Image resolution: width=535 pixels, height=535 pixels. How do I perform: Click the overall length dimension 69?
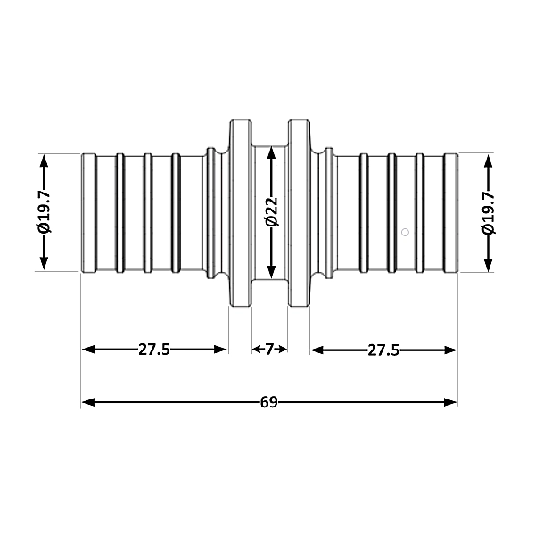click(x=269, y=402)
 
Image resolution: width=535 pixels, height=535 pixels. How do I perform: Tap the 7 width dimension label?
click(x=269, y=349)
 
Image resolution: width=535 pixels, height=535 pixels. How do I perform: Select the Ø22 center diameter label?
click(x=272, y=211)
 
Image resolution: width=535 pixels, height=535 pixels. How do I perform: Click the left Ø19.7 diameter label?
click(x=45, y=212)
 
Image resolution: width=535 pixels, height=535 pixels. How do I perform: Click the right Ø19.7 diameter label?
click(x=488, y=213)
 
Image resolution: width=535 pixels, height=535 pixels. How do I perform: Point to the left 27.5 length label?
click(x=154, y=350)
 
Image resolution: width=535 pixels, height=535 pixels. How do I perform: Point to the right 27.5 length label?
click(x=383, y=350)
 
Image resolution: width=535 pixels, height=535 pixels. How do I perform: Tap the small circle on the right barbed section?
click(x=405, y=233)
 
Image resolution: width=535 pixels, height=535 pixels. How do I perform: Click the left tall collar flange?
click(x=241, y=213)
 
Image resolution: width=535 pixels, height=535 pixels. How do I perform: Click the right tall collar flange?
click(x=300, y=213)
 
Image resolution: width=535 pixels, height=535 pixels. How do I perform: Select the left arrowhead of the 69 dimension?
click(x=88, y=403)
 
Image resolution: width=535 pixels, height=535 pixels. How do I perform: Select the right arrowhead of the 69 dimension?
click(x=450, y=402)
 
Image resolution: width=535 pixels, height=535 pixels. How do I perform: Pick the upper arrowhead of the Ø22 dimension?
click(x=271, y=152)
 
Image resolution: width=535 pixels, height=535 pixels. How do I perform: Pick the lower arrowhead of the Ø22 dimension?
click(x=271, y=272)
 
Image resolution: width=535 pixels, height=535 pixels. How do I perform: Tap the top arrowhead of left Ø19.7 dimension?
click(x=44, y=160)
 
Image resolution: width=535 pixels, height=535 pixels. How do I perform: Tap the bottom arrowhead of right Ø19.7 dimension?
click(x=489, y=265)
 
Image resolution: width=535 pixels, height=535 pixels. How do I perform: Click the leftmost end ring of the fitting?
click(x=88, y=213)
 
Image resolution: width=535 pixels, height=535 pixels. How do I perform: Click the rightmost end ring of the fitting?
click(x=450, y=213)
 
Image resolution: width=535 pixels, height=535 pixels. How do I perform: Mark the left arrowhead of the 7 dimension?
click(x=257, y=349)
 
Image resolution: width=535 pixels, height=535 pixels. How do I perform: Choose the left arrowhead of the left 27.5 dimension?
click(x=88, y=350)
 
